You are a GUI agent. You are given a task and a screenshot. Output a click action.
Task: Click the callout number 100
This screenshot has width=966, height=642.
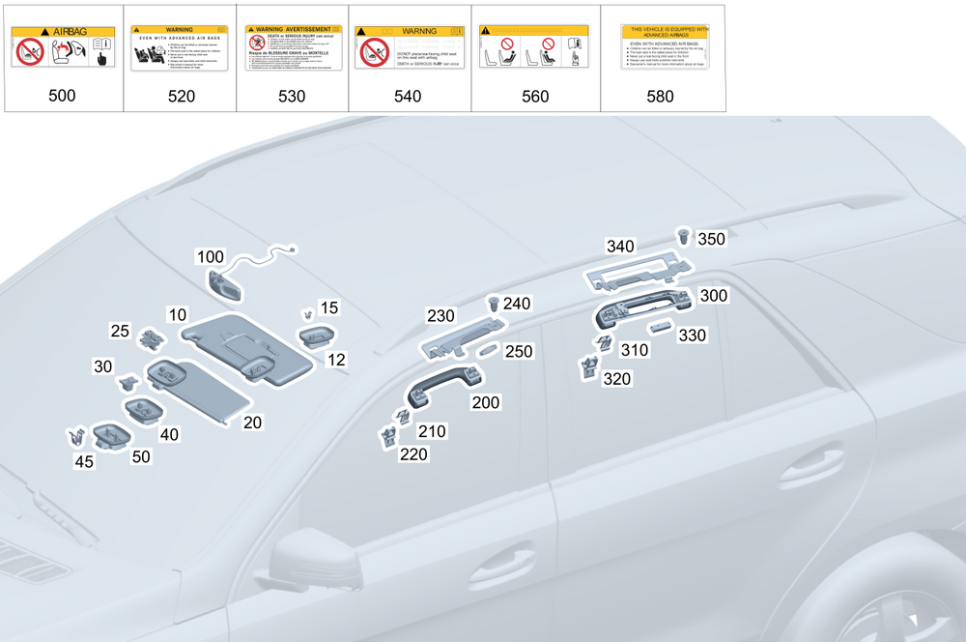click(210, 256)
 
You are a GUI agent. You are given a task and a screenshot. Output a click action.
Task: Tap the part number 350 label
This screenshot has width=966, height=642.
click(711, 239)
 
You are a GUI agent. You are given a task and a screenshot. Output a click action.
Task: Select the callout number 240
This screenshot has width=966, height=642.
click(517, 304)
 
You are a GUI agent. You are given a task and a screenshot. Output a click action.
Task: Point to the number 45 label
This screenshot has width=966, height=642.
click(84, 461)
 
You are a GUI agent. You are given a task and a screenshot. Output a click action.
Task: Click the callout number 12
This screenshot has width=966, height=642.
click(337, 360)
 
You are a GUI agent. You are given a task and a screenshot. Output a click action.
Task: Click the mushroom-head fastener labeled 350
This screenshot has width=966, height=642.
click(684, 234)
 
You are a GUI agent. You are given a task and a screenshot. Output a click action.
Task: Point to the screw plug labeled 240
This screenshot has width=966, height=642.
click(496, 303)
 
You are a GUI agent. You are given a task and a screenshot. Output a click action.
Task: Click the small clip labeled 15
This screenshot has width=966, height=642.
click(306, 315)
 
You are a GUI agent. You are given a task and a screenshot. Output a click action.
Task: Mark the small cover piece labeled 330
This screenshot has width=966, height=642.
click(664, 326)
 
